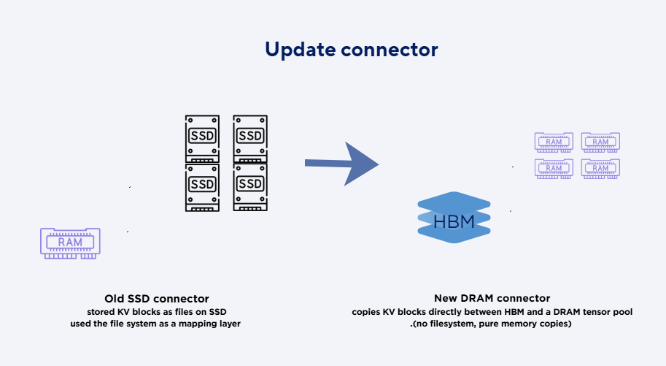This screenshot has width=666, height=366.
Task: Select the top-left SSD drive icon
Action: click(202, 138)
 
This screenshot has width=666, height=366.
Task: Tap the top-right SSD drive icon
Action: click(250, 138)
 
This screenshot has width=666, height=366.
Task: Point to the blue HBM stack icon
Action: click(454, 218)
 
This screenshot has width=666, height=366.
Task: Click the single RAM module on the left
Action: click(70, 243)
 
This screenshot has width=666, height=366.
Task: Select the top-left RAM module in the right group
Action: click(554, 141)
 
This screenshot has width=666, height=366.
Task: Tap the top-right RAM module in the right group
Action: click(600, 141)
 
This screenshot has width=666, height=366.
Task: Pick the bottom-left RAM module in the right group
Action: click(554, 167)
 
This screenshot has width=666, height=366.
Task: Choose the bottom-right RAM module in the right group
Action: click(600, 167)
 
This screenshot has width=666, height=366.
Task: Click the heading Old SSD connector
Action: click(156, 298)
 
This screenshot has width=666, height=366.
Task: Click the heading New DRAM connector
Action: click(492, 298)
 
